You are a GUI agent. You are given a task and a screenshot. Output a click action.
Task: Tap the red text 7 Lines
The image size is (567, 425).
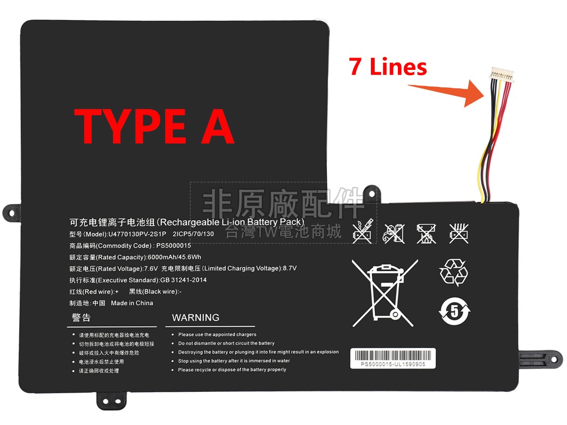click(388, 67)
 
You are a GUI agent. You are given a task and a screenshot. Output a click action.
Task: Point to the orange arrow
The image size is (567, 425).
click(449, 93)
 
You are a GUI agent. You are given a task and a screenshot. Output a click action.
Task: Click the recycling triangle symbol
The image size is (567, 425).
click(454, 272)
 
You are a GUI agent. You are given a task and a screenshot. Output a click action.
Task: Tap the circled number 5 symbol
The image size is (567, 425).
click(455, 312)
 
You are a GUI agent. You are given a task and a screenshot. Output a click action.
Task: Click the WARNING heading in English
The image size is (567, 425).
click(196, 318)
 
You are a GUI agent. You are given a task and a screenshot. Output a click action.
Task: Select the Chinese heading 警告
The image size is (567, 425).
click(81, 318)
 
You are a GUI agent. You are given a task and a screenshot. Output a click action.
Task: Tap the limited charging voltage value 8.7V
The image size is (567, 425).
click(290, 269)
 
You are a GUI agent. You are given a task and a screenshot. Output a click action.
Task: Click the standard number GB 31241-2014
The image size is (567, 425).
click(183, 280)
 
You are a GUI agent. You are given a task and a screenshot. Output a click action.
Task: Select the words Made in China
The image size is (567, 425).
click(132, 303)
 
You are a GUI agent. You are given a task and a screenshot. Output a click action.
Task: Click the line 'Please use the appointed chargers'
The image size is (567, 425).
click(217, 335)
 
